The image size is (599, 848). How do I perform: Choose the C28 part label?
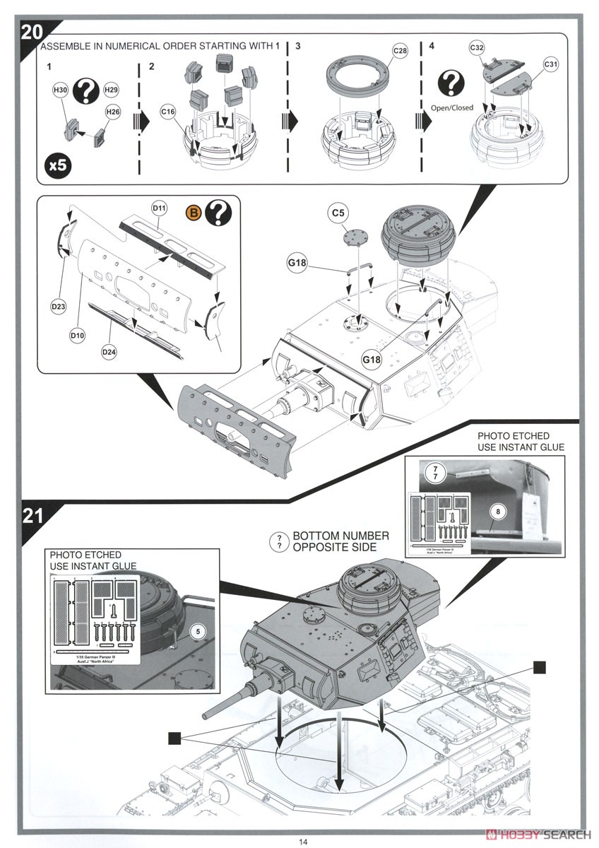coord(400,52)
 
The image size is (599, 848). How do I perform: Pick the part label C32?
coord(476,48)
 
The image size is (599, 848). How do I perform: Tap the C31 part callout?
coord(551,65)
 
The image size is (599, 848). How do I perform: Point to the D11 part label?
coord(159,208)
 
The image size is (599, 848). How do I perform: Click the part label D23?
coord(59,307)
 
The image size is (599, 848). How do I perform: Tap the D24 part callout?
coord(109,351)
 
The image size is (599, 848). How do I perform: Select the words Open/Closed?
coord(451,108)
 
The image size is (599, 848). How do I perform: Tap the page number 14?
coord(302,841)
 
